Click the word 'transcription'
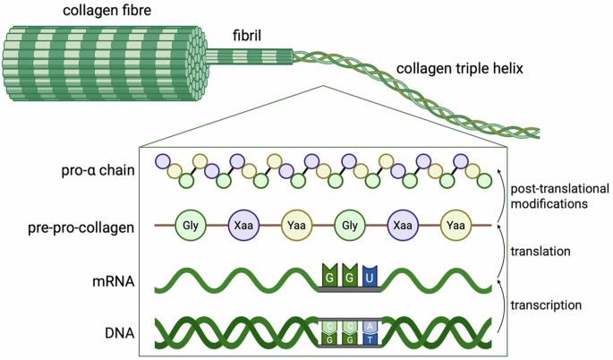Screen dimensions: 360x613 [x=549, y=305]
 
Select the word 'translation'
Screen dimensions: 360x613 [x=541, y=252]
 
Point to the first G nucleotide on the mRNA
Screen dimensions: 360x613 [x=330, y=278]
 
